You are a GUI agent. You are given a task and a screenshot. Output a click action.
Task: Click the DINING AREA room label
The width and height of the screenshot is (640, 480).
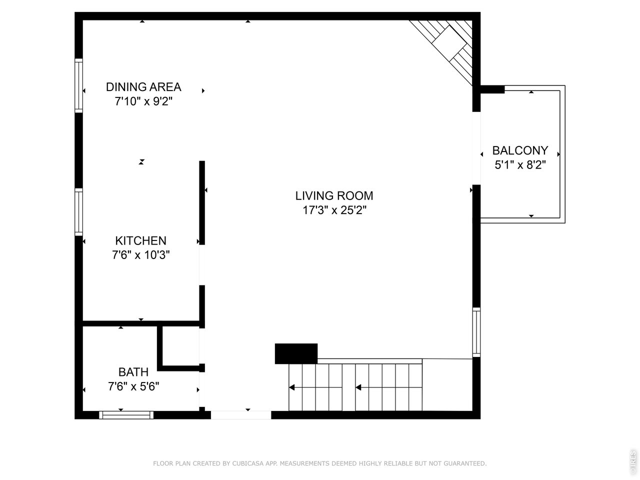tap(143, 87)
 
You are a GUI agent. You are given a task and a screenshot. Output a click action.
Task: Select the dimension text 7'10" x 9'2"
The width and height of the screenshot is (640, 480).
tap(143, 101)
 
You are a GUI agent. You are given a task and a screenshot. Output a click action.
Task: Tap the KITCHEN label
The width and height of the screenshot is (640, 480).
tap(140, 240)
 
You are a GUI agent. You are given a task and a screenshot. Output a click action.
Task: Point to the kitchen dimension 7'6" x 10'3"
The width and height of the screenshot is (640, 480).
tap(140, 255)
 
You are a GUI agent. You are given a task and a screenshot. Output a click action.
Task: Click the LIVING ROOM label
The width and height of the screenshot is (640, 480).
tap(334, 195)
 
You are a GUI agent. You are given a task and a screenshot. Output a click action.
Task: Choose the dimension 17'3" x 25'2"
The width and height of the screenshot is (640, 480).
tap(334, 210)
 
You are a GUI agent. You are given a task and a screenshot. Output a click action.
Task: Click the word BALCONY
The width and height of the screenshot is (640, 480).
tap(520, 150)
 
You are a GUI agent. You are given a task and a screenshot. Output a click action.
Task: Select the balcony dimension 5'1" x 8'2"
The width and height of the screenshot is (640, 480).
tap(520, 165)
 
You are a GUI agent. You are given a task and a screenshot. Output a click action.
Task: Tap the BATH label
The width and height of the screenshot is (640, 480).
tap(133, 372)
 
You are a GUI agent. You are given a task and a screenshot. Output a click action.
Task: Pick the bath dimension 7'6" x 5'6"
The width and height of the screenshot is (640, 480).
tap(133, 386)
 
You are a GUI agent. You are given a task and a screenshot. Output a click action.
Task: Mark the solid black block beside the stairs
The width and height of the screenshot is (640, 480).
tap(296, 353)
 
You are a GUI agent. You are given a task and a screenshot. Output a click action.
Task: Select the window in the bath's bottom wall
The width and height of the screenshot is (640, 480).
tap(126, 414)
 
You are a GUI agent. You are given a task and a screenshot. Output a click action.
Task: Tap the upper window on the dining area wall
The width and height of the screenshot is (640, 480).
tap(78, 84)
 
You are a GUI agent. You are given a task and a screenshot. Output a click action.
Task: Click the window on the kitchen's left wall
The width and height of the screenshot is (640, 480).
tap(78, 212)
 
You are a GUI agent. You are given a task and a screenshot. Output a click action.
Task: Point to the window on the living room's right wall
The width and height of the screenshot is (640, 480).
tap(476, 332)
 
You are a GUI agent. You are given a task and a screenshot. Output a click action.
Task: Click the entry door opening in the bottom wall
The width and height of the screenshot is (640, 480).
tap(240, 414)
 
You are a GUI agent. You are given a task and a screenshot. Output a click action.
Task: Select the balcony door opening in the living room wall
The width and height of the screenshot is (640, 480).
tap(476, 148)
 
